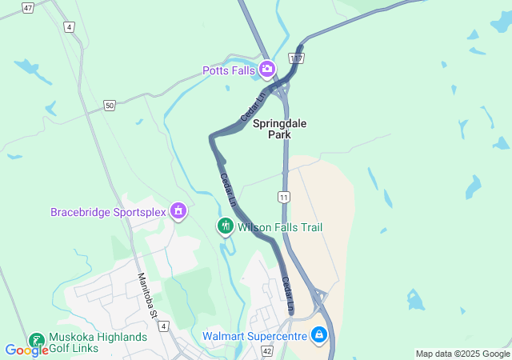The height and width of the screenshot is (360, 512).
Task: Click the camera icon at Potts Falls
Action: point(267,70)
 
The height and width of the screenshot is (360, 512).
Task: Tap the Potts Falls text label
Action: point(229,70)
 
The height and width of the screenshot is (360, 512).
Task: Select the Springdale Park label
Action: point(279,130)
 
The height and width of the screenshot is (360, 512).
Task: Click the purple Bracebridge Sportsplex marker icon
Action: point(178,212)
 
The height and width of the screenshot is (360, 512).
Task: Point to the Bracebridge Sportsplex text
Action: point(107,212)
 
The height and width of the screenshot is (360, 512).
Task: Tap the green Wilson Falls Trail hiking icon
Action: point(226,227)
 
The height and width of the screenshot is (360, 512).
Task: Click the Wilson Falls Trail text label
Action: point(280,228)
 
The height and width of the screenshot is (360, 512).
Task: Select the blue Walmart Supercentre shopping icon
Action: point(319,334)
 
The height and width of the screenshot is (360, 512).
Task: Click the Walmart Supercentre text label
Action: point(255,335)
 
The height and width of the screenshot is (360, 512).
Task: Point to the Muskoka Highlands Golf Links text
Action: point(98,342)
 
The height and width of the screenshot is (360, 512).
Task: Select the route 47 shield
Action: point(28,7)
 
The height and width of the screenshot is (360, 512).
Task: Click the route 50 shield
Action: point(109,105)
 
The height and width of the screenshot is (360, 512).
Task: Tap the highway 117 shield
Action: point(297,59)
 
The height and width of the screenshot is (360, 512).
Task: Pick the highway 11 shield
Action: point(284,197)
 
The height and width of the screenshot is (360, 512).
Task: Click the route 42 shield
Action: point(266,351)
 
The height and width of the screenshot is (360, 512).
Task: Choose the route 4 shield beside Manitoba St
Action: point(164,326)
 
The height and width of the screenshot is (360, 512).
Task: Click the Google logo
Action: point(26,350)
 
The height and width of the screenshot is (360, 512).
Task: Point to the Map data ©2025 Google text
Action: point(462,354)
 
